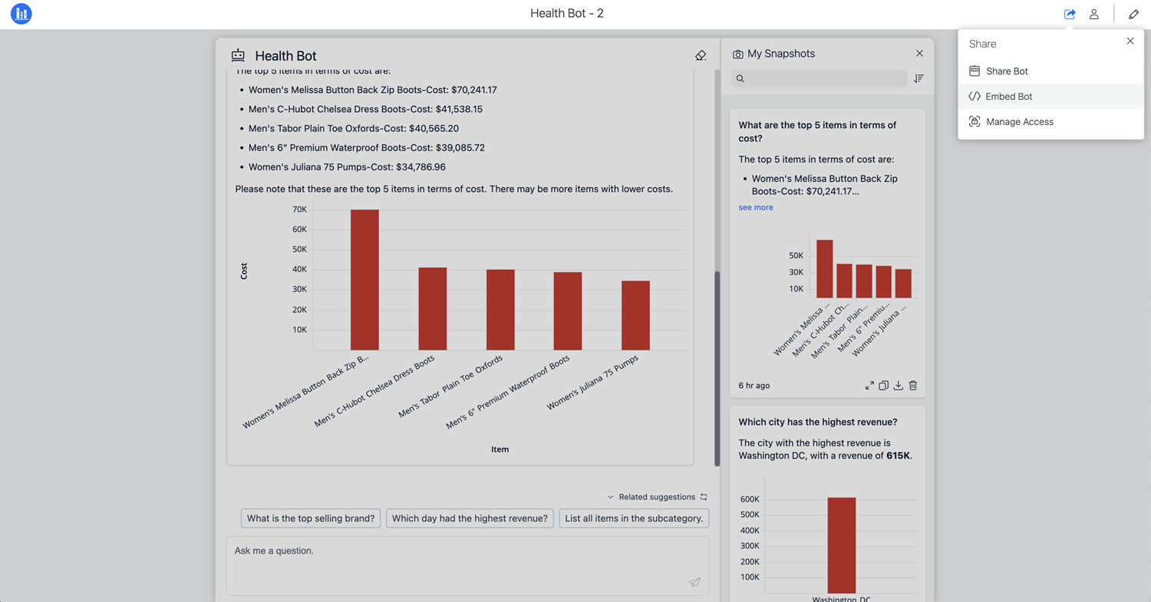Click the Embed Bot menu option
1008,97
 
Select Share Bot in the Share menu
1007,71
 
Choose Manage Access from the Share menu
1019,122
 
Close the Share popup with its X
1130,41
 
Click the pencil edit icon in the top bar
1133,14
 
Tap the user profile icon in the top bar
1094,14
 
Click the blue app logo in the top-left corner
21,14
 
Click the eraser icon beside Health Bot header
700,55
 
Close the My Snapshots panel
919,53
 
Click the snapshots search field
819,78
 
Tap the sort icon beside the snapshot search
918,78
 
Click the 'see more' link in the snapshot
756,208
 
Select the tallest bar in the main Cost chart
364,280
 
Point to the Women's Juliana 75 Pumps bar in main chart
635,315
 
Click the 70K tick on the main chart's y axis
299,209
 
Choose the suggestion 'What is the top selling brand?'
311,518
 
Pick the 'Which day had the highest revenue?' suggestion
470,518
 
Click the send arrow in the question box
694,582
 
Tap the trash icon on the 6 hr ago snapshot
913,386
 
